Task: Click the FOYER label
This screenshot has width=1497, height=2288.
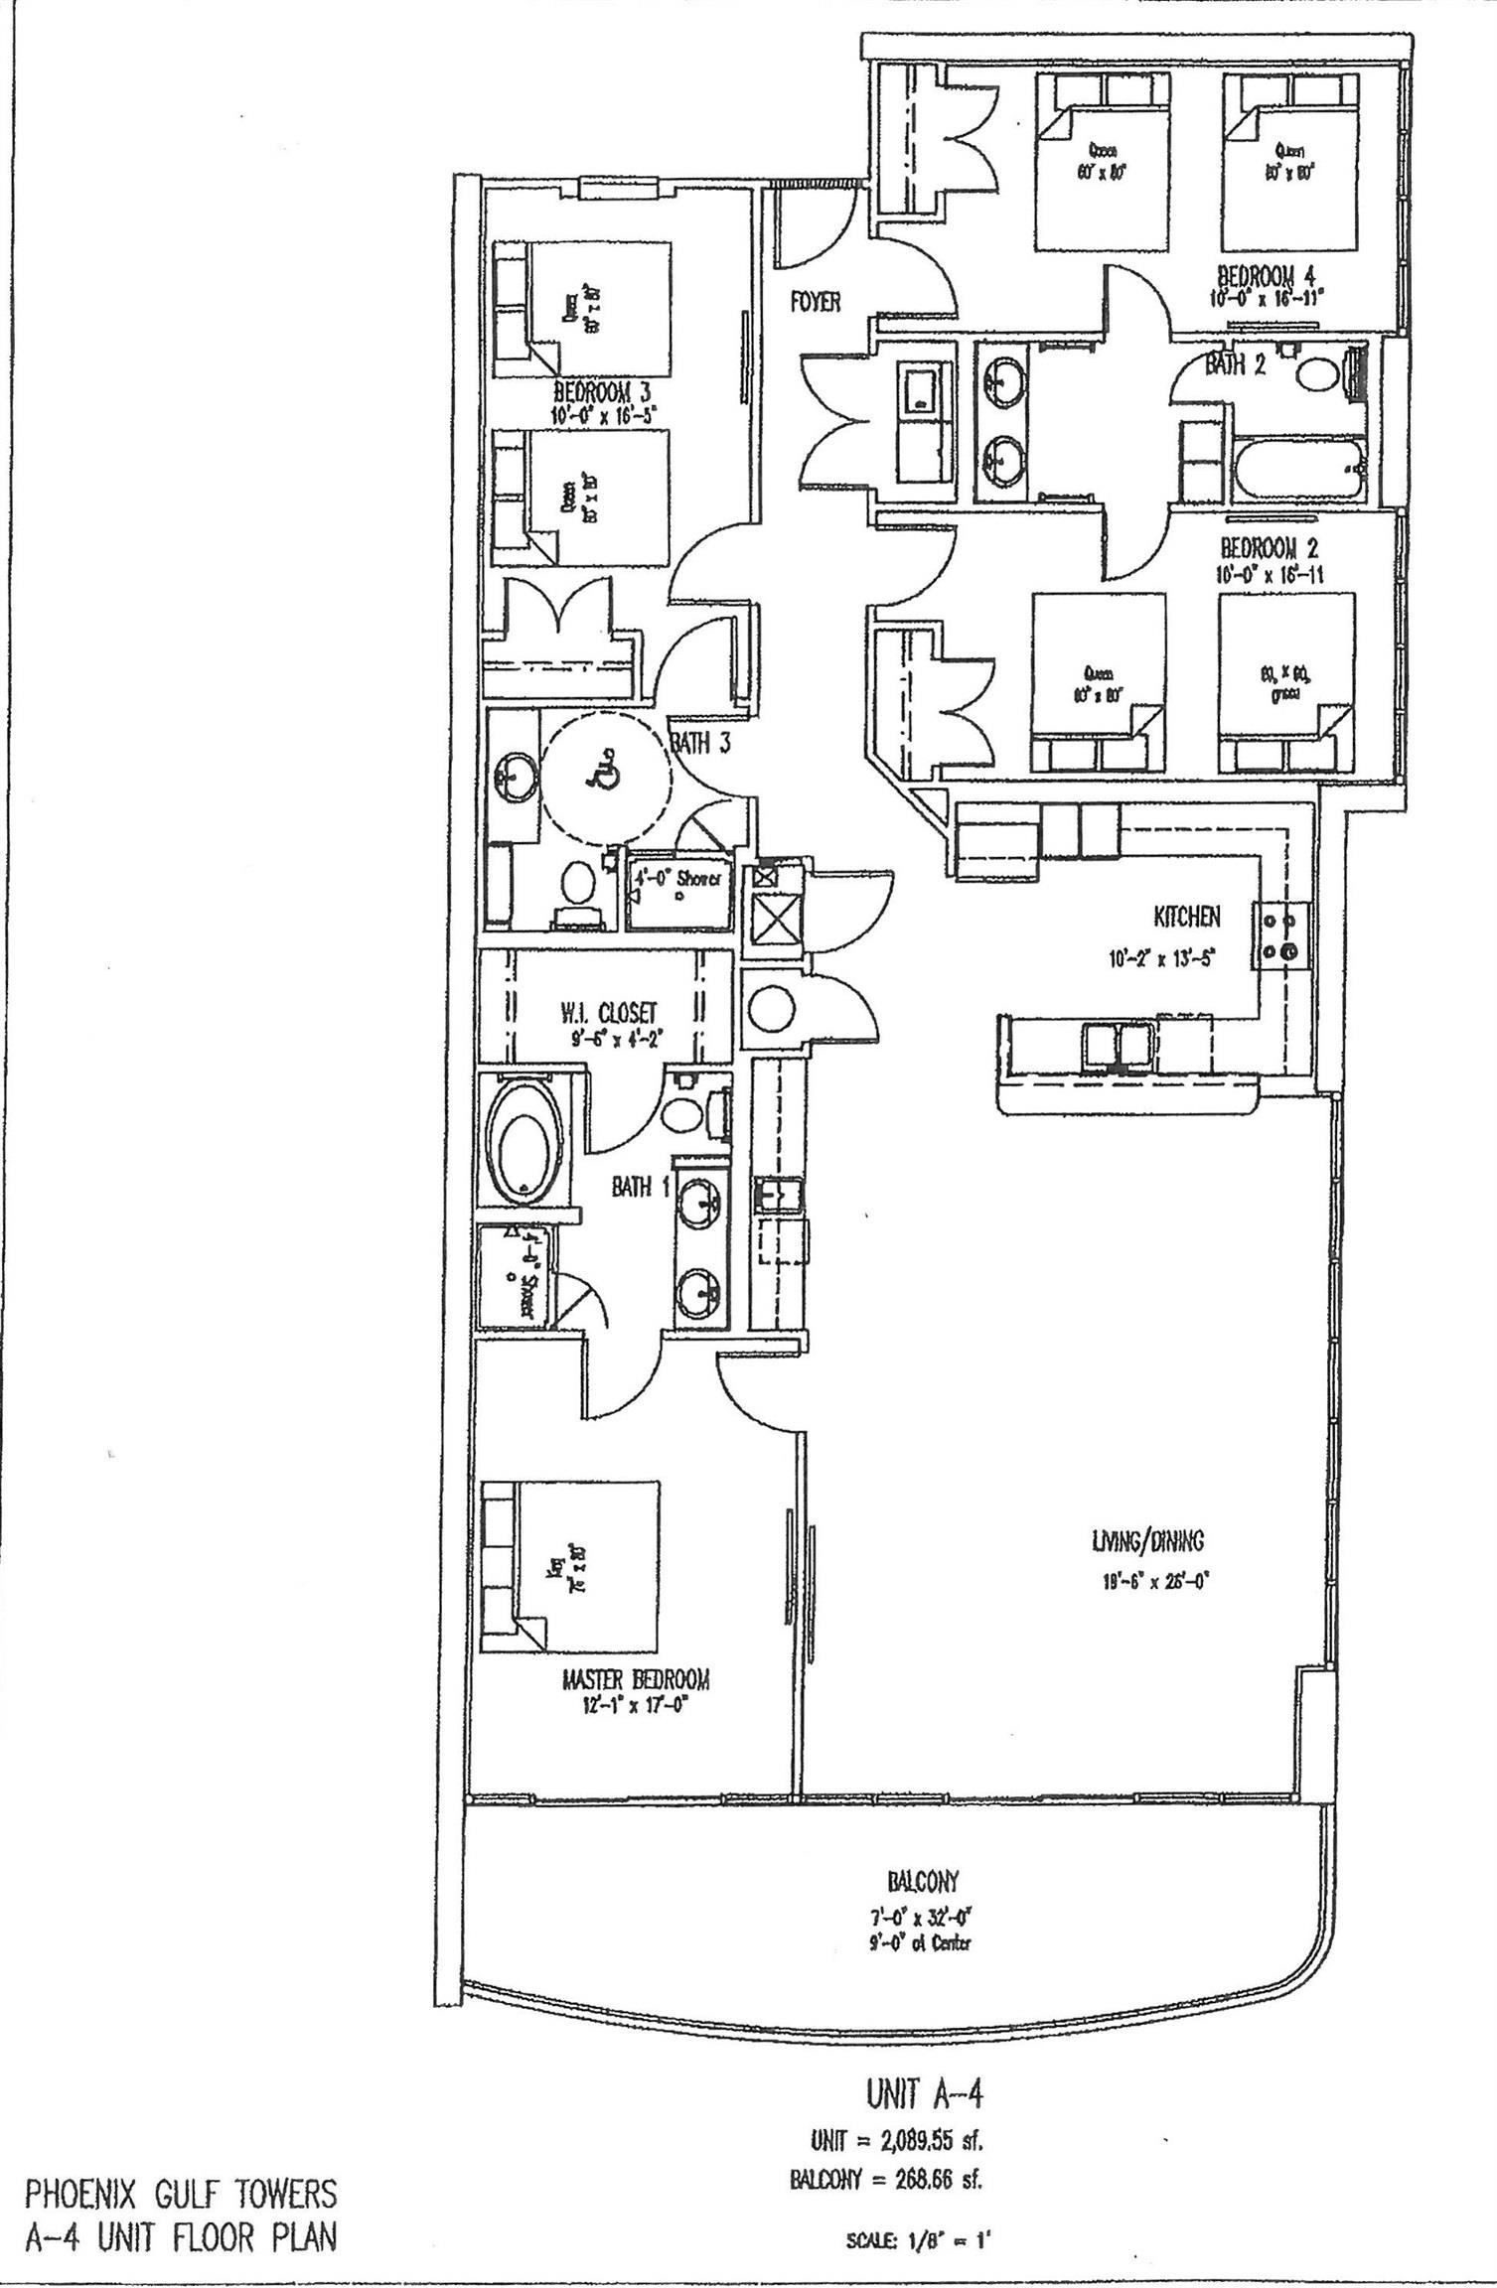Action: coord(816,302)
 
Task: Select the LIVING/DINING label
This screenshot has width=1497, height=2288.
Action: coord(1147,1540)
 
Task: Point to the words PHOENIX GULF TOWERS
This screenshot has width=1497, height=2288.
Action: coord(180,2194)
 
